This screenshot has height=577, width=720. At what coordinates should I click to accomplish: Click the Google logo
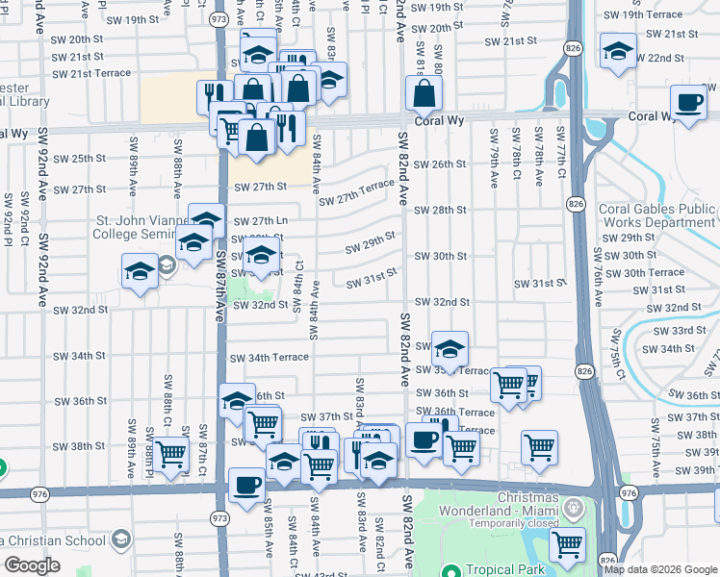pos(31,565)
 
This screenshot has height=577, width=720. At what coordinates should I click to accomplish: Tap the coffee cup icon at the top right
pos(689,104)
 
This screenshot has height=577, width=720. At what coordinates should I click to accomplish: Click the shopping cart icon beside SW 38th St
pos(172,454)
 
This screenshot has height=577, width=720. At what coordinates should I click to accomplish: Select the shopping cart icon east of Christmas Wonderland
pos(568,544)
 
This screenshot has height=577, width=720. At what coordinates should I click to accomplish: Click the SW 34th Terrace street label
pos(269,357)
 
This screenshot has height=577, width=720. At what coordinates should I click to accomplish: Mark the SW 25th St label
pos(78,159)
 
